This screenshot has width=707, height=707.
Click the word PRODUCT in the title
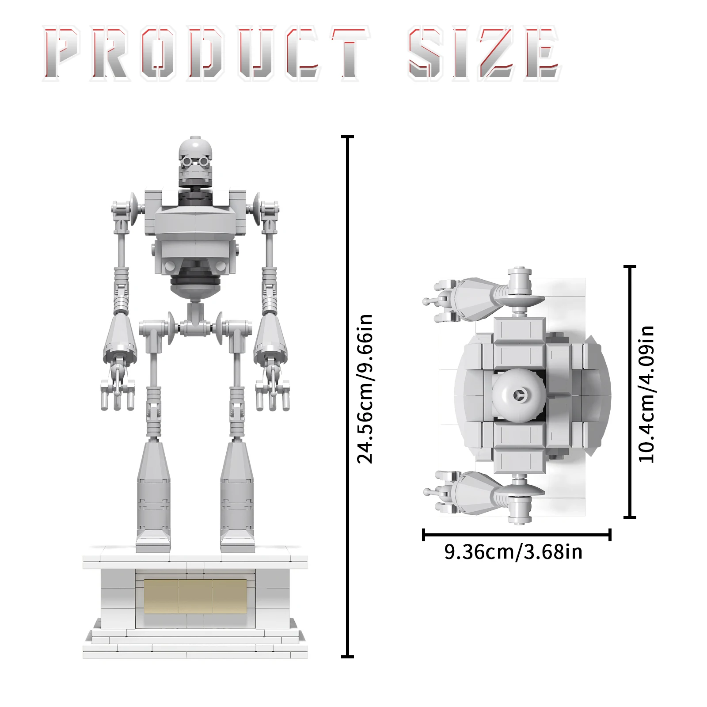click(206, 53)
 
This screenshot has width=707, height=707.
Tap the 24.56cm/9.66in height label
click(365, 389)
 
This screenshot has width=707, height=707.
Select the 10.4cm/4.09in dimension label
click(646, 394)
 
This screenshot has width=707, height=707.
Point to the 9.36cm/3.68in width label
click(513, 552)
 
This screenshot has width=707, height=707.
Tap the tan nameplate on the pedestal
click(195, 596)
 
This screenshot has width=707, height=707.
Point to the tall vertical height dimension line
click(348, 397)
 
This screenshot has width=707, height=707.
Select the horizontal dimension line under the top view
click(517, 535)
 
